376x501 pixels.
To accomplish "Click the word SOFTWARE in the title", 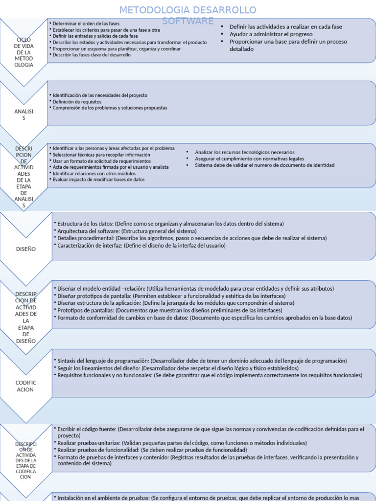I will (188, 21).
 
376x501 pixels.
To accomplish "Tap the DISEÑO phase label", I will (25, 249).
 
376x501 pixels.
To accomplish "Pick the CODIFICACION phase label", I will (25, 386).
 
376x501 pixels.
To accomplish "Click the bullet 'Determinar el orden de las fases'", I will (86, 23).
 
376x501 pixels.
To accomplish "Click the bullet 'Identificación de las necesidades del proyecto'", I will (100, 95).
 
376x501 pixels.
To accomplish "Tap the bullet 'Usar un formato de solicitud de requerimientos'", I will (102, 161).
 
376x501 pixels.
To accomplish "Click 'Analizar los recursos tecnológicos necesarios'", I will (245, 152).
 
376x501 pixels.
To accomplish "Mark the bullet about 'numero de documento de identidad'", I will (264, 165).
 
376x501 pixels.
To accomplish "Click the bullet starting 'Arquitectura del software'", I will (127, 231).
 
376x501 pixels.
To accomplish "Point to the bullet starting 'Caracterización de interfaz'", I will (141, 246).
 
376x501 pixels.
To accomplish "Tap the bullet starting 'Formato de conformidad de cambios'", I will (205, 318).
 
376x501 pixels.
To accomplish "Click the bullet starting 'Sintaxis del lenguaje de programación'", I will (202, 361).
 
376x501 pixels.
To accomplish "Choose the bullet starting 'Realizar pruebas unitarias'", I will (182, 443).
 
